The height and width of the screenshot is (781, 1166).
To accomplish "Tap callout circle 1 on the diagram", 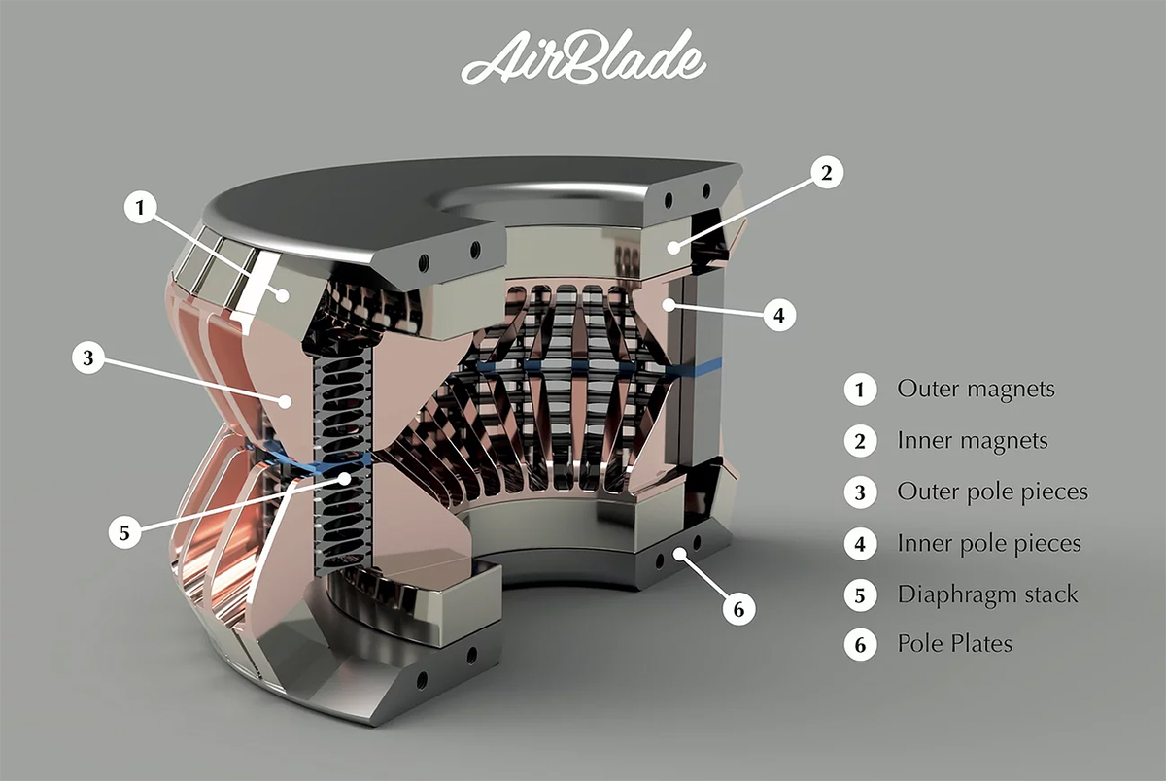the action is pyautogui.click(x=140, y=207).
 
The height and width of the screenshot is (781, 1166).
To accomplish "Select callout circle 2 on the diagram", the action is pyautogui.click(x=827, y=172).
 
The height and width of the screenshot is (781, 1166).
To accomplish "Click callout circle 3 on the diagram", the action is pyautogui.click(x=88, y=357).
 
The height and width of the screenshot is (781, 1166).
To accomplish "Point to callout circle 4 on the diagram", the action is pyautogui.click(x=779, y=315).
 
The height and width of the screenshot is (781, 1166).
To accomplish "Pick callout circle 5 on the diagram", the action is pyautogui.click(x=124, y=532).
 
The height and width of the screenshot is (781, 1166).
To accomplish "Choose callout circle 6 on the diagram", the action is pyautogui.click(x=738, y=609).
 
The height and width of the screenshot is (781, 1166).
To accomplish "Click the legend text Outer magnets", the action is pyautogui.click(x=976, y=390).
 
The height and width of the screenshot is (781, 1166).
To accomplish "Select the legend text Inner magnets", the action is pyautogui.click(x=973, y=441).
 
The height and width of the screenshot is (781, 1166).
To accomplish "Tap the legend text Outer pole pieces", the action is pyautogui.click(x=993, y=492).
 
